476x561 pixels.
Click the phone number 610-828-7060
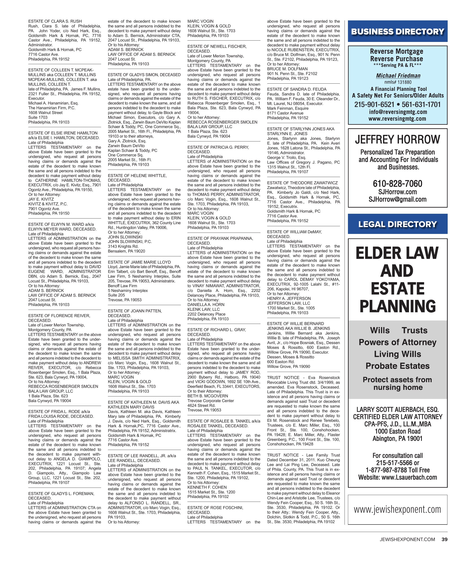(398, 184)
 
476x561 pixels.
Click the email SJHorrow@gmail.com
(398, 199)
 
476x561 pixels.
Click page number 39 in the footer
(444, 539)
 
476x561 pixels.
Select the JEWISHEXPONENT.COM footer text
(407, 539)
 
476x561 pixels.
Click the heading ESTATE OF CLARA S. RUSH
(55, 21)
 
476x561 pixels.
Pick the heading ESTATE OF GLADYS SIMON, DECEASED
(144, 75)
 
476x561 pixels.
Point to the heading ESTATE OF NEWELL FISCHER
(217, 46)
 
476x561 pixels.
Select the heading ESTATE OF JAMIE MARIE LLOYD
(139, 262)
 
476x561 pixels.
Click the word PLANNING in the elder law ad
(398, 306)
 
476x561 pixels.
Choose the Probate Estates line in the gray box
(398, 366)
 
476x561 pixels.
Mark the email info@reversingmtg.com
(398, 112)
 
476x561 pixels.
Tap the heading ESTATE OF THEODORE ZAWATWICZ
(302, 183)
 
